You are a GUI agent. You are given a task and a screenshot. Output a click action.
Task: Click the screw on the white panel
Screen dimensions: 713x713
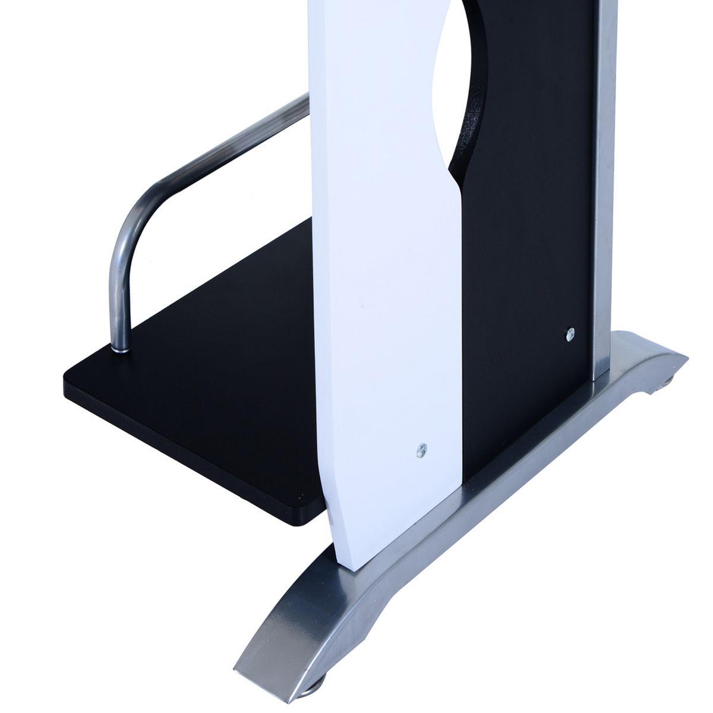click(x=422, y=450)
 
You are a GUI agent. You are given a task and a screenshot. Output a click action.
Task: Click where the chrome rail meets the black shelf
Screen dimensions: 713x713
click(x=121, y=351)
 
